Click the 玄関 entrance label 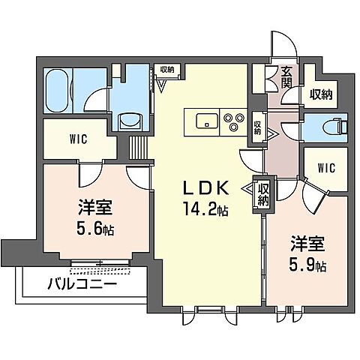click(286, 77)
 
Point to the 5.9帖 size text click(308, 265)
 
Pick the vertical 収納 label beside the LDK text click(263, 193)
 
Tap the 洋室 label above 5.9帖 click(308, 244)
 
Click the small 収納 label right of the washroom click(167, 70)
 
